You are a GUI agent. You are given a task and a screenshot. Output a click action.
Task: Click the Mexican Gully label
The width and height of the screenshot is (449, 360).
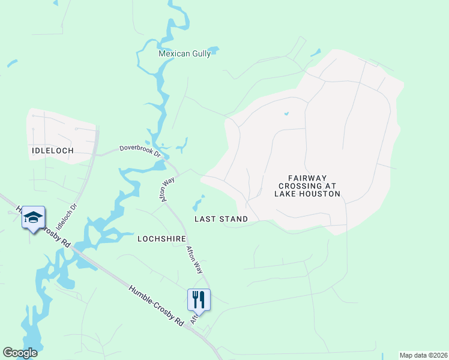click(x=184, y=53)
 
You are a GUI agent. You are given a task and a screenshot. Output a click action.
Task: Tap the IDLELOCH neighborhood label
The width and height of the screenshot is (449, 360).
click(x=52, y=151)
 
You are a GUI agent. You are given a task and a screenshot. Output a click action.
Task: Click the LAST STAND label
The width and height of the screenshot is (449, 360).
click(x=221, y=219)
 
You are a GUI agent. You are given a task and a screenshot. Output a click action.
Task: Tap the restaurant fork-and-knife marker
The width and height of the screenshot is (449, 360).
click(x=199, y=299)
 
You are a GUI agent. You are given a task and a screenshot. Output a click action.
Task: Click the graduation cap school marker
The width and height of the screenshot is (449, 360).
click(x=34, y=218)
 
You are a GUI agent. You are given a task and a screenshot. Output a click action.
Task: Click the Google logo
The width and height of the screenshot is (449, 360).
click(x=20, y=353)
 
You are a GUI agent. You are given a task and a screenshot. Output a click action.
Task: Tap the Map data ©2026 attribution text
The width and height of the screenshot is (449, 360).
click(x=423, y=355)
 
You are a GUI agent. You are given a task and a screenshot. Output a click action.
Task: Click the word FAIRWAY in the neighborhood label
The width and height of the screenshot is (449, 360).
click(x=307, y=178)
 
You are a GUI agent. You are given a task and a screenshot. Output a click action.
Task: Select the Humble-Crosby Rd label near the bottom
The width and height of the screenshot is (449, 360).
click(x=156, y=305)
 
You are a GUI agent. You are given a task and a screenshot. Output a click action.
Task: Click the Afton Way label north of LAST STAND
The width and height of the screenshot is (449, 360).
click(x=166, y=188)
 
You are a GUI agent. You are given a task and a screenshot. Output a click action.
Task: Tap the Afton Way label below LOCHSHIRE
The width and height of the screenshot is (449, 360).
click(x=194, y=260)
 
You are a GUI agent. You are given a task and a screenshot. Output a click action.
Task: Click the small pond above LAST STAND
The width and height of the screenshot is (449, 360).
click(x=199, y=203)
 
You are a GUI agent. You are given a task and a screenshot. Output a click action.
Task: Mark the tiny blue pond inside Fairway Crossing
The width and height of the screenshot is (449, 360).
click(x=286, y=113)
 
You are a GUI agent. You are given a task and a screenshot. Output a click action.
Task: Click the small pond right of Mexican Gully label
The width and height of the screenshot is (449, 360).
click(x=214, y=50)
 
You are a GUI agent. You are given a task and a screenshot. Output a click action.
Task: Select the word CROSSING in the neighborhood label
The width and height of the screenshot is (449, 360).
click(x=307, y=186)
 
